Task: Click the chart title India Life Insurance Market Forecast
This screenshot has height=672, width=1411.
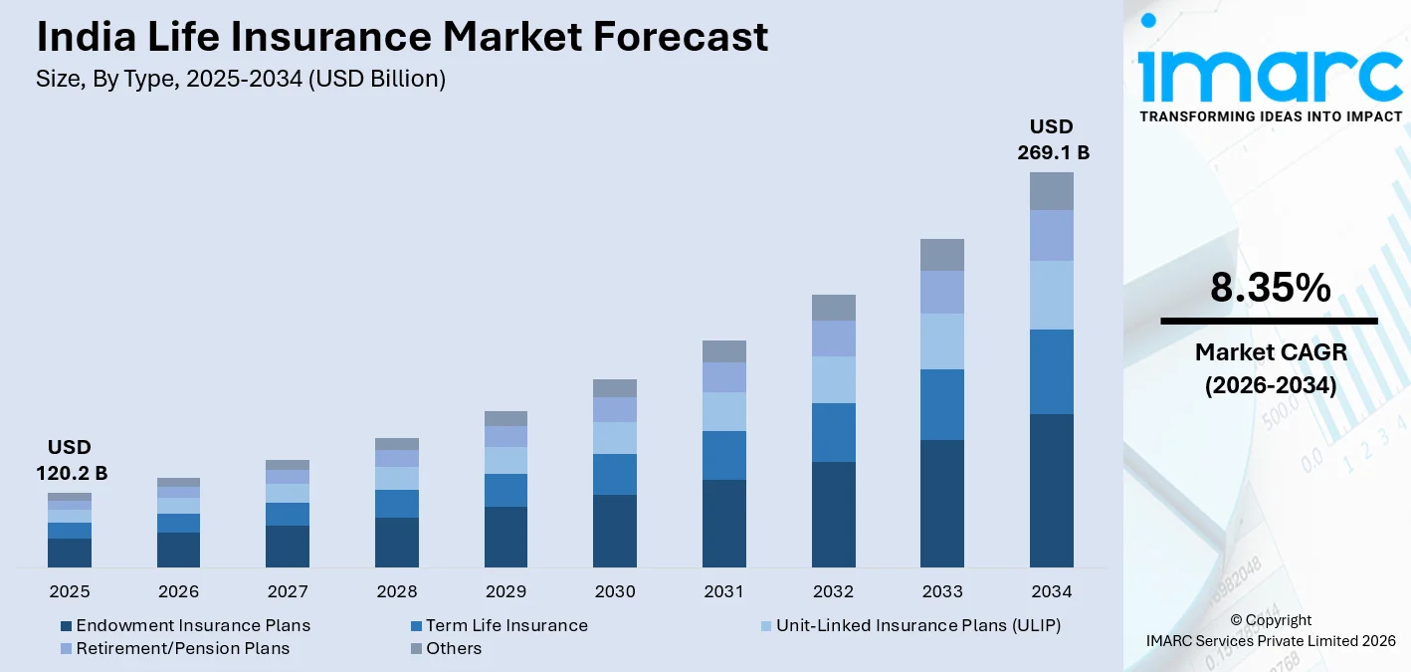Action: click(402, 38)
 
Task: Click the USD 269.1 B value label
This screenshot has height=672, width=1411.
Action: click(1052, 139)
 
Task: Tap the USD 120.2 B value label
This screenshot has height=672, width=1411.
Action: click(69, 460)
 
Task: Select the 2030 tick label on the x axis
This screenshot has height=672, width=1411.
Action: click(615, 591)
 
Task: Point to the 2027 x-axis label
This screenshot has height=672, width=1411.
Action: click(288, 591)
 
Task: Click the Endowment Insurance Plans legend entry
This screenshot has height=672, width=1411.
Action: click(185, 625)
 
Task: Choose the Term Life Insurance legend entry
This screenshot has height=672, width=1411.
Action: click(499, 625)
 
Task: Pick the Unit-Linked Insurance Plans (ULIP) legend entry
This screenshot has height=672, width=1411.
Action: click(909, 625)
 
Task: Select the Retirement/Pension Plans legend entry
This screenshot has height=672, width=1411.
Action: click(174, 648)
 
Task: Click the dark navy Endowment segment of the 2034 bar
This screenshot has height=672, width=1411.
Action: click(1052, 491)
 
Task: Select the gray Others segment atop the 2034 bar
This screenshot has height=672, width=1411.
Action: click(1052, 191)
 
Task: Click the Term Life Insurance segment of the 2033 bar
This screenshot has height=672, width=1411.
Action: click(942, 404)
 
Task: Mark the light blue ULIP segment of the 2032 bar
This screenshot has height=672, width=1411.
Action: click(833, 379)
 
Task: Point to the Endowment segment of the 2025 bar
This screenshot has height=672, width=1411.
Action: click(69, 553)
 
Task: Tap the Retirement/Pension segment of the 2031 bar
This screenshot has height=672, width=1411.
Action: click(723, 377)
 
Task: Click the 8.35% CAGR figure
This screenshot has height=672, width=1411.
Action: click(1270, 288)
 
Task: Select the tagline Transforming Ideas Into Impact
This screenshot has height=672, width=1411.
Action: click(1270, 116)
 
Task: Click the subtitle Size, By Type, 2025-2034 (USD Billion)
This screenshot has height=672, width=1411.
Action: click(241, 79)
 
